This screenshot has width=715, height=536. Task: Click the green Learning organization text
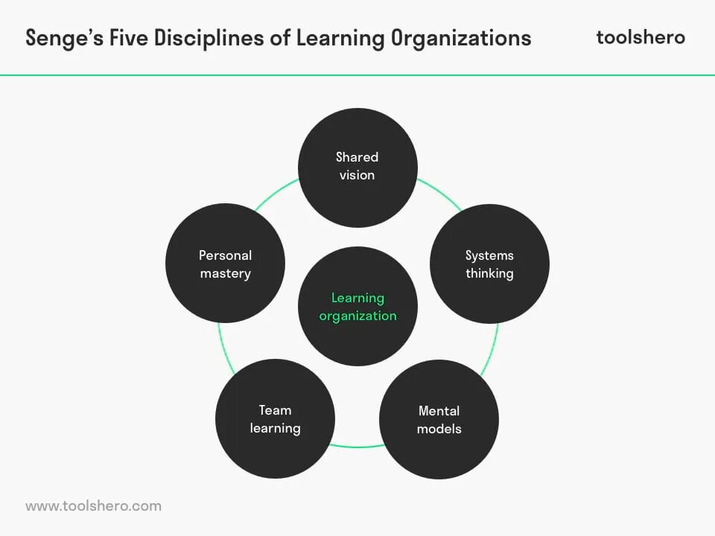(357, 307)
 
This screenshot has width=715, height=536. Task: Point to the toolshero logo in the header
(641, 37)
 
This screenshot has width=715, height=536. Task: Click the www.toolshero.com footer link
(93, 505)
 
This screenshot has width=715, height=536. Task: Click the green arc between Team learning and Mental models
(357, 447)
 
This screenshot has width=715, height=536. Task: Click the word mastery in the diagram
(225, 273)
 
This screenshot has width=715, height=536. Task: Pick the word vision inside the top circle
(357, 175)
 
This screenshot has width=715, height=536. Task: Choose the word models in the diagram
(439, 429)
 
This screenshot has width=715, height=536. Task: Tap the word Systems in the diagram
(489, 255)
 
